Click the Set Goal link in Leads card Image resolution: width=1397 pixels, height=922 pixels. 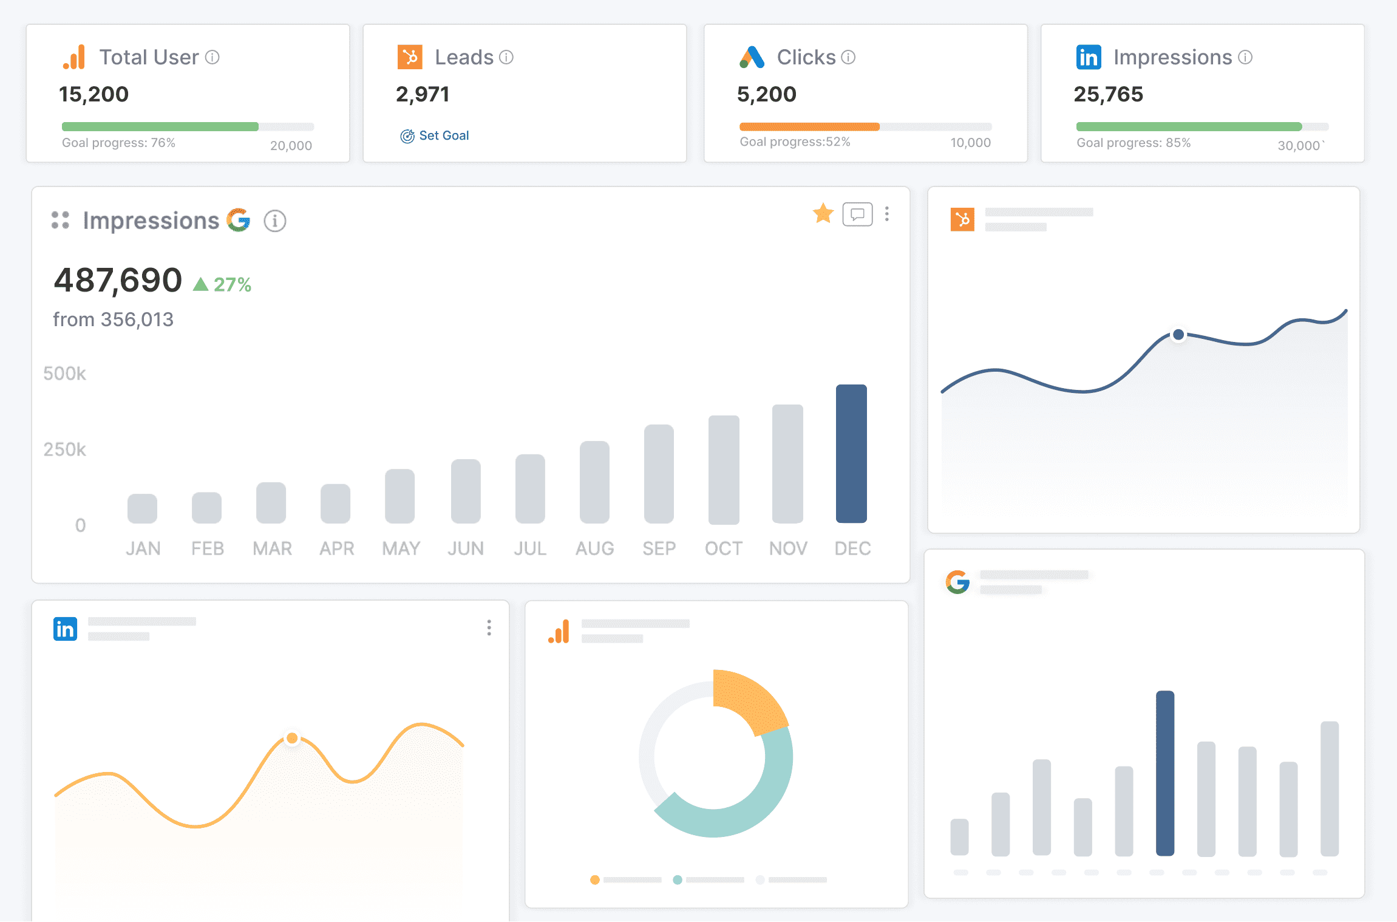click(435, 135)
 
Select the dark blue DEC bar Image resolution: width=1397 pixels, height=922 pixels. click(851, 454)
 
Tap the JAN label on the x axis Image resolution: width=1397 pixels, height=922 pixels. click(143, 548)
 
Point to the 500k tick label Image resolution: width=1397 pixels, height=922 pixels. click(64, 374)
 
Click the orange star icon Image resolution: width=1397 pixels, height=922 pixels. click(823, 213)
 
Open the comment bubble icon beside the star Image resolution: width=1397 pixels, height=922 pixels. click(857, 214)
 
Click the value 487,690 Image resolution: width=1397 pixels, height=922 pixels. click(118, 280)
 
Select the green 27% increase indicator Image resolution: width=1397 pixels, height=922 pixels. click(222, 284)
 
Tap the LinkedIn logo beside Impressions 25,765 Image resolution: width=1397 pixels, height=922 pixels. click(1089, 58)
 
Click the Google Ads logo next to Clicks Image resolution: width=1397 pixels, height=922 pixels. click(752, 57)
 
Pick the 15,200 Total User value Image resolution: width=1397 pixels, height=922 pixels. click(93, 94)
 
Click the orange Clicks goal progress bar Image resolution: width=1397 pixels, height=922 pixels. click(809, 127)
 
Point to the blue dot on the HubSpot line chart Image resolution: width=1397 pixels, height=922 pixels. click(1178, 334)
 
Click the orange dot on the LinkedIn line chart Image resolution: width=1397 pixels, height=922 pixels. click(292, 738)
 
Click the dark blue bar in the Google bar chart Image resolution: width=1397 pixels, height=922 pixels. click(1165, 773)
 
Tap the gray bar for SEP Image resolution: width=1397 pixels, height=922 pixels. click(659, 474)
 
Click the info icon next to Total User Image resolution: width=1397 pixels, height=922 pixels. click(212, 57)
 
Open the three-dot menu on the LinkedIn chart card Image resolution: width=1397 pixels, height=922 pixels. click(489, 627)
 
